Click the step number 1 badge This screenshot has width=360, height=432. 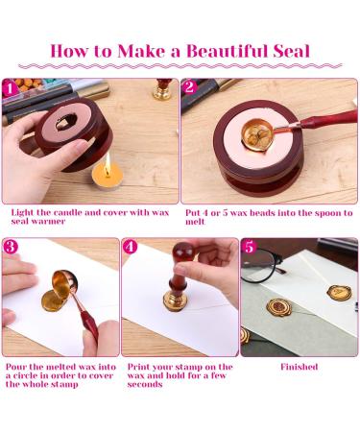pos(12,88)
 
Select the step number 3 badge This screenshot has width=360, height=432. pos(12,248)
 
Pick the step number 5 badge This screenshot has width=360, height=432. pos(251,248)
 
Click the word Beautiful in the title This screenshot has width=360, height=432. pos(199,50)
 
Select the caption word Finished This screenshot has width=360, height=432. pos(299,367)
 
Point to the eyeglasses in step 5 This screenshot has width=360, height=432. pos(278,269)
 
